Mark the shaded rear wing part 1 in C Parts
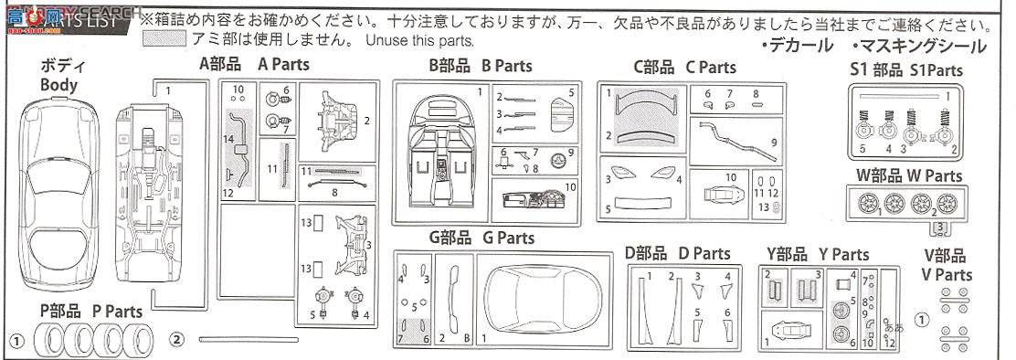coord(645,105)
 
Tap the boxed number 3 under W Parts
coord(939,227)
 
